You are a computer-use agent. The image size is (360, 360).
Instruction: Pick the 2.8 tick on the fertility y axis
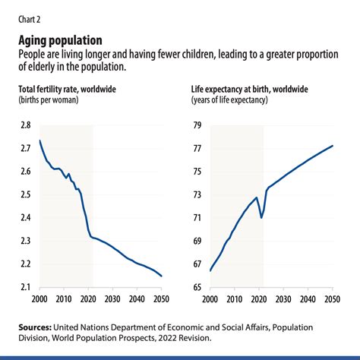(24, 125)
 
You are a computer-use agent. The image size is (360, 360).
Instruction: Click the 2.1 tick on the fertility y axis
(24, 287)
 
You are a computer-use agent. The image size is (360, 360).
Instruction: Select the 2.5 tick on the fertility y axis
(24, 194)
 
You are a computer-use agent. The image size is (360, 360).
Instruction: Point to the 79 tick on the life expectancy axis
(197, 125)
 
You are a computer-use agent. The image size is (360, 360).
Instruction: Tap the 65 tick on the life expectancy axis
(197, 287)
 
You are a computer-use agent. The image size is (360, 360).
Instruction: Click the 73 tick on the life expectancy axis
(197, 194)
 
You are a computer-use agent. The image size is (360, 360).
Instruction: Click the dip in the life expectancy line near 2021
(262, 218)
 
